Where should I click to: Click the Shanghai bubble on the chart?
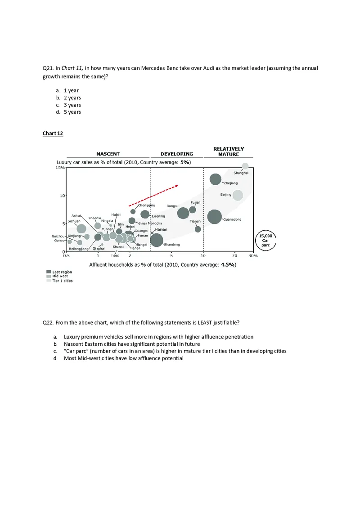click(x=245, y=166)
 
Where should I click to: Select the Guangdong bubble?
click(x=215, y=217)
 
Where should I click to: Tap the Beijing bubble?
click(x=238, y=195)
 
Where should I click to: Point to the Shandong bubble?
click(x=156, y=240)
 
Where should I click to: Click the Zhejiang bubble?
click(x=216, y=179)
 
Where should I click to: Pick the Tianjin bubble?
click(x=198, y=229)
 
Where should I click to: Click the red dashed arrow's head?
click(x=177, y=185)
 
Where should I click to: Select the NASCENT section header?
click(x=108, y=154)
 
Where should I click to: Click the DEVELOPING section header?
click(x=177, y=154)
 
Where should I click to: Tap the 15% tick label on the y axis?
click(x=59, y=168)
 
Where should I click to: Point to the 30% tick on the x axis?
click(x=253, y=256)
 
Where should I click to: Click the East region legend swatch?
click(x=49, y=272)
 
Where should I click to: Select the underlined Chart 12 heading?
click(x=53, y=134)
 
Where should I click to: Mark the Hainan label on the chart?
click(x=161, y=229)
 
